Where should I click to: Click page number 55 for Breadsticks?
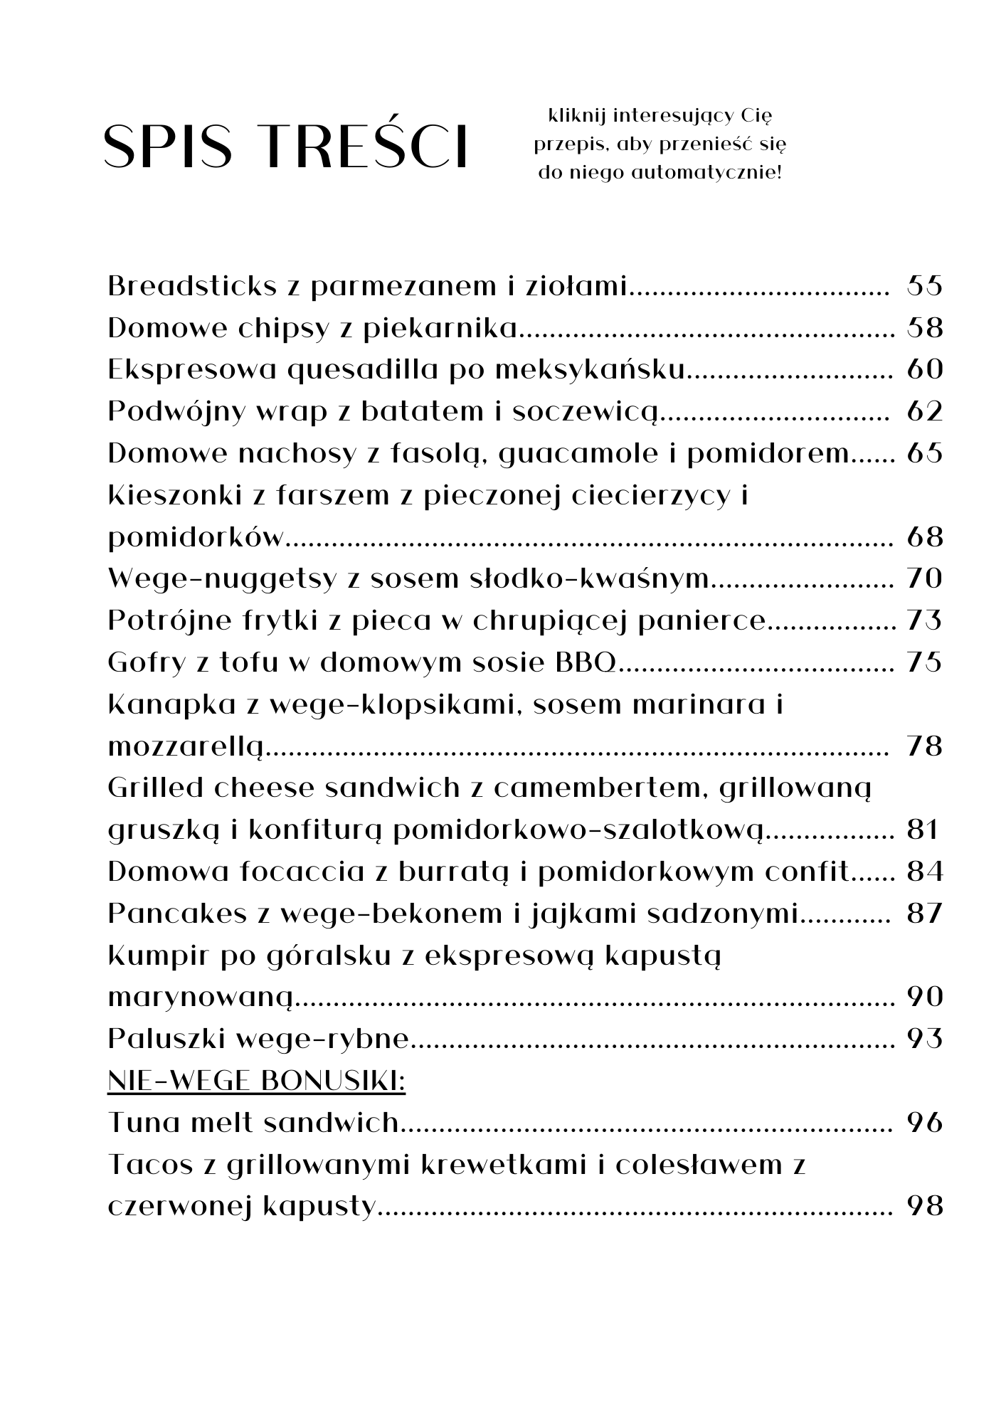point(924,286)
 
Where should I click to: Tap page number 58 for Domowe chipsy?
point(924,328)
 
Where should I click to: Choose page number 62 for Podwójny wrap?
point(924,412)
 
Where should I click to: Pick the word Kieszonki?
point(174,495)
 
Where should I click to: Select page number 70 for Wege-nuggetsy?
point(924,579)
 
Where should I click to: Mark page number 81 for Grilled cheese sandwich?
point(923,830)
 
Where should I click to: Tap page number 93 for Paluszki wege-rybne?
point(924,1040)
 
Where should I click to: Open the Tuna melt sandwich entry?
point(253,1123)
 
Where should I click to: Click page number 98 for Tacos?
point(924,1207)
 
